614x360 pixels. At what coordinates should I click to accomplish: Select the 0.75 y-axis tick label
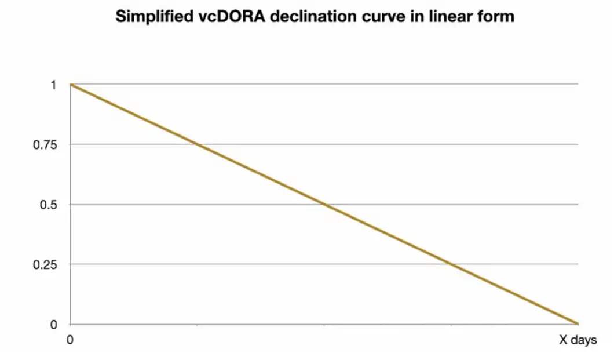pyautogui.click(x=45, y=144)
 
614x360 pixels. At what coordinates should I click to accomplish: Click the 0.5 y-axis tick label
pyautogui.click(x=48, y=205)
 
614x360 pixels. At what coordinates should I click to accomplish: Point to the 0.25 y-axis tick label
pyautogui.click(x=45, y=264)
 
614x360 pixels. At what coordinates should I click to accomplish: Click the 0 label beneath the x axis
pyautogui.click(x=70, y=340)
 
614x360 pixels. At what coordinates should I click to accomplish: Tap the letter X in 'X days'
pyautogui.click(x=563, y=340)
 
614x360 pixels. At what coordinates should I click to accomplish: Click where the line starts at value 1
pyautogui.click(x=70, y=85)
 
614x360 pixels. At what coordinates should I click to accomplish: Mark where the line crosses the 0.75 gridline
pyautogui.click(x=197, y=144)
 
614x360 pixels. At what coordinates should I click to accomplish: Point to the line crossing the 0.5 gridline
pyautogui.click(x=324, y=205)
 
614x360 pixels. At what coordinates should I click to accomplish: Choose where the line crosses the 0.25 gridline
pyautogui.click(x=451, y=264)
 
